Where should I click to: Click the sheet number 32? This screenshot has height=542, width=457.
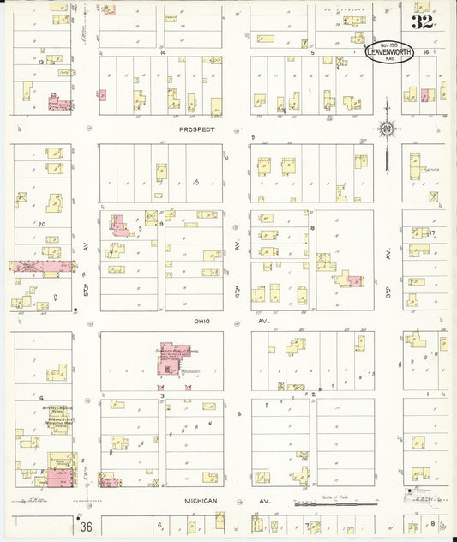[422, 21]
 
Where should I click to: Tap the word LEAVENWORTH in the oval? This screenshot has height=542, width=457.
[389, 53]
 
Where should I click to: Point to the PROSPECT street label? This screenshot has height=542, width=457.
[195, 129]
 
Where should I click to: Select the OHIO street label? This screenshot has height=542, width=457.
[201, 321]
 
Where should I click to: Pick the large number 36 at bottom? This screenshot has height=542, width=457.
[87, 526]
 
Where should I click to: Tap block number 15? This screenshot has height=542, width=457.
[312, 53]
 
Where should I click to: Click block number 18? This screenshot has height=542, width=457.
[312, 227]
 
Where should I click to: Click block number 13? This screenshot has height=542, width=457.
[40, 63]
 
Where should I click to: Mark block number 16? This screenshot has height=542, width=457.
[436, 53]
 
